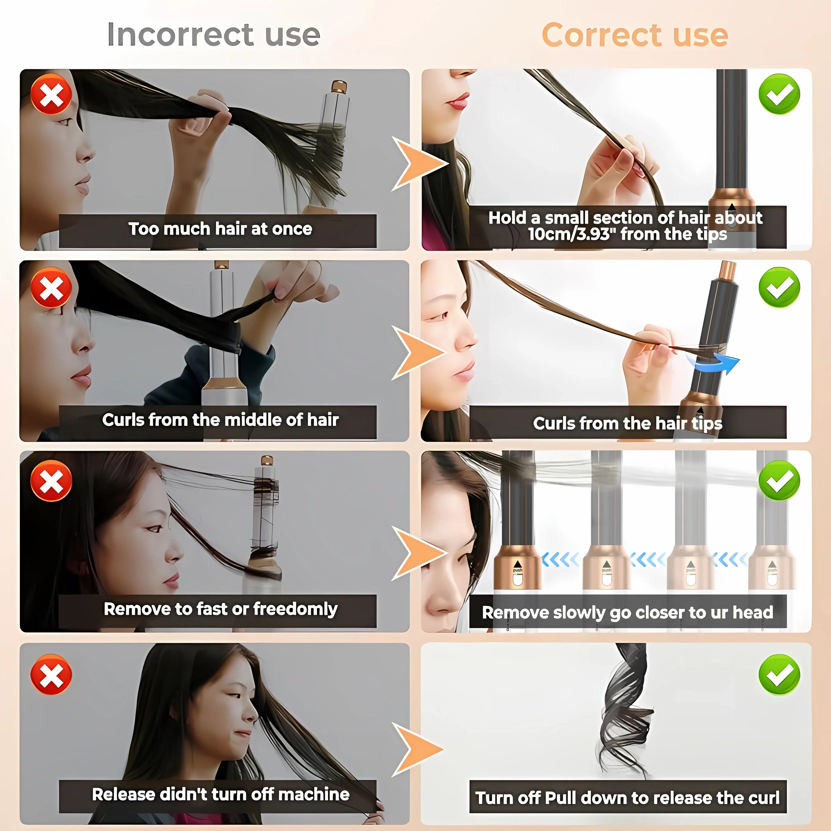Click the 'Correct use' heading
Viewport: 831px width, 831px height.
[635, 35]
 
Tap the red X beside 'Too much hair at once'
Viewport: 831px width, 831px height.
[51, 94]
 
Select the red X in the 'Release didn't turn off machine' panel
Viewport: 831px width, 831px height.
[51, 675]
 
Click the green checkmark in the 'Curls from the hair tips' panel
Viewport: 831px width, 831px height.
[779, 287]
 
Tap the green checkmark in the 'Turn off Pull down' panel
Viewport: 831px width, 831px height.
[779, 675]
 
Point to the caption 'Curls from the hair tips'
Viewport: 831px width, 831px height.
[628, 424]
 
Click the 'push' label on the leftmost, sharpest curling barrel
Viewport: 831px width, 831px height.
[517, 570]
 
